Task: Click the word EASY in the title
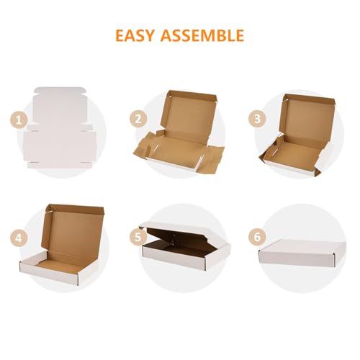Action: (x=139, y=35)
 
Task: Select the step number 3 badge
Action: (x=253, y=120)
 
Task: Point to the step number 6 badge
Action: (x=253, y=236)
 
